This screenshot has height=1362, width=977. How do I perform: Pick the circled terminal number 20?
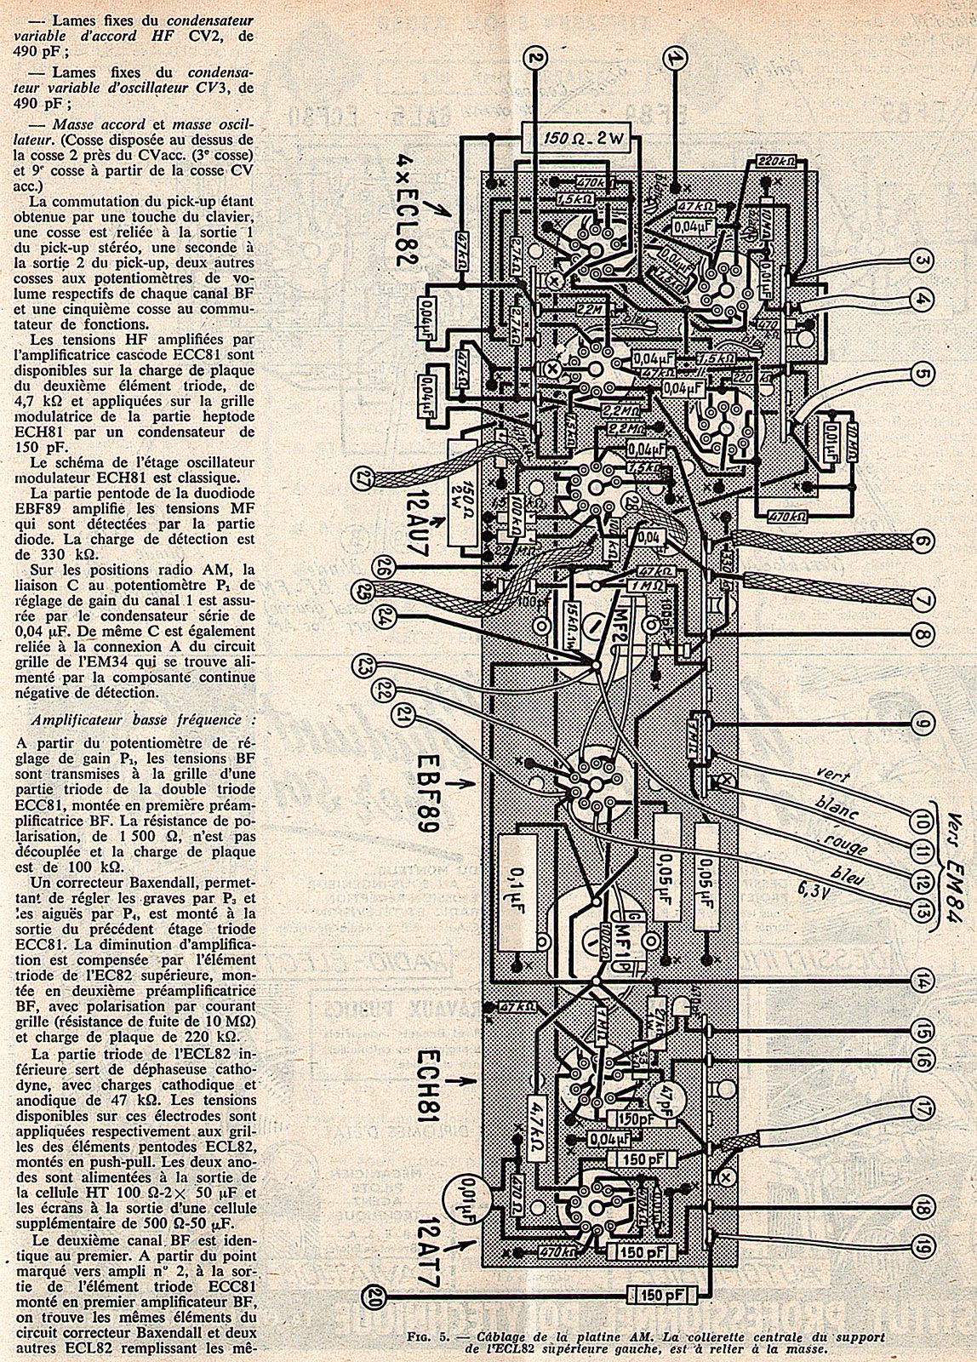372,1296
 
